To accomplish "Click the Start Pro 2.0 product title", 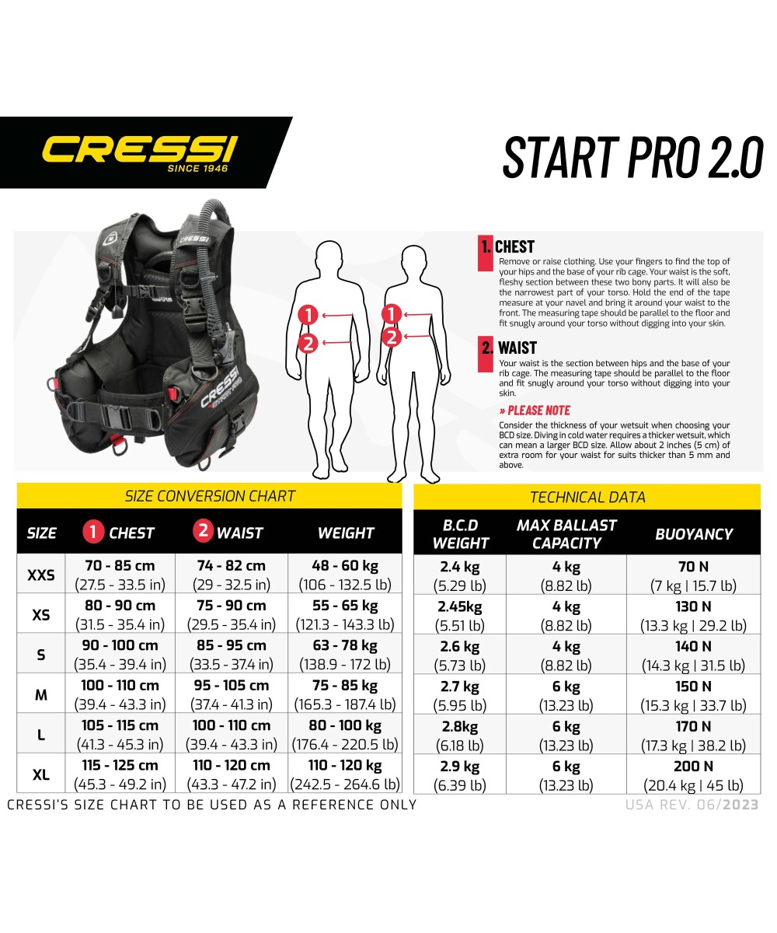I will pyautogui.click(x=632, y=156).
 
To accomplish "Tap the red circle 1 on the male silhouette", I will pyautogui.click(x=308, y=315).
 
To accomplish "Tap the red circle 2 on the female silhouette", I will pyautogui.click(x=392, y=337).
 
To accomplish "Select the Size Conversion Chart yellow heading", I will pyautogui.click(x=210, y=496).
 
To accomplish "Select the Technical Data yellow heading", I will pyautogui.click(x=587, y=497).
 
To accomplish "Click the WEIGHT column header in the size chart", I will pyautogui.click(x=346, y=533).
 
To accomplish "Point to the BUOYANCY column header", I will pyautogui.click(x=694, y=534).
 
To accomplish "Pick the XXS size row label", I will pyautogui.click(x=41, y=575).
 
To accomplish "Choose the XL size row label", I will pyautogui.click(x=41, y=775).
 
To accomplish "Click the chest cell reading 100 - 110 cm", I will pyautogui.click(x=120, y=686).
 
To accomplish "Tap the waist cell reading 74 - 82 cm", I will pyautogui.click(x=232, y=566).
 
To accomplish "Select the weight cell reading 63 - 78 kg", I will pyautogui.click(x=346, y=645).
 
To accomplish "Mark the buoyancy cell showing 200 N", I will pyautogui.click(x=694, y=767).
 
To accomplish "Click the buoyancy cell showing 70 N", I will pyautogui.click(x=694, y=568).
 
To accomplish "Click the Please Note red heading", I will pyautogui.click(x=535, y=411).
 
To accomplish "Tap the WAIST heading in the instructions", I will pyautogui.click(x=517, y=348).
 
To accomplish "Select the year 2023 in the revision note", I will pyautogui.click(x=741, y=805).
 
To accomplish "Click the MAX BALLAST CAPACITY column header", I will pyautogui.click(x=566, y=534).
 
